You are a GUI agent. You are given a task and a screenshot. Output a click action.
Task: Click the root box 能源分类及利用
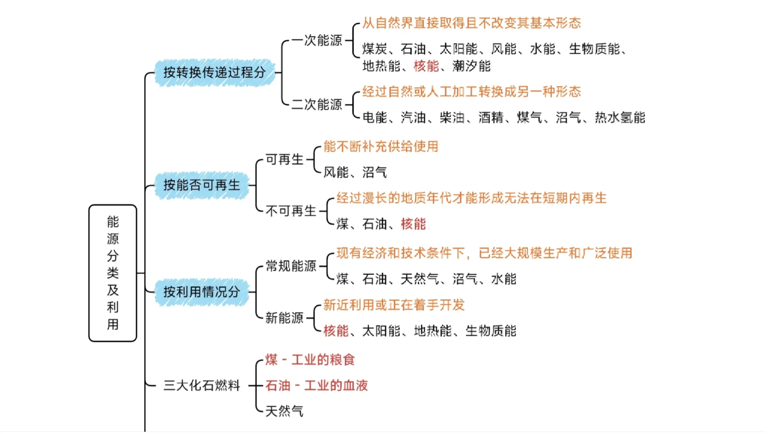(x=113, y=273)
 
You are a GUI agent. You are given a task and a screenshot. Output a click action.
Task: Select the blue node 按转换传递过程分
(x=214, y=73)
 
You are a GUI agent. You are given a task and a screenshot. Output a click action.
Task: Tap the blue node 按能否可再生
(x=201, y=185)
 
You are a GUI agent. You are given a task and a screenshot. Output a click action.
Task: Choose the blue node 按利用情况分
(x=201, y=292)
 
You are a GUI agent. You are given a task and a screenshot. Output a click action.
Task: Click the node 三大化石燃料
(x=201, y=385)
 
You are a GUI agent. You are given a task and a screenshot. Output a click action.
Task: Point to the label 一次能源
(x=317, y=40)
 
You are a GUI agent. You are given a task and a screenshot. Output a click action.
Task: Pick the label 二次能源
(x=317, y=104)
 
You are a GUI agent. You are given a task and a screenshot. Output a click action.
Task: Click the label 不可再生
(x=291, y=211)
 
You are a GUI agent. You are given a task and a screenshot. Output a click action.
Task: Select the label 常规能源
(x=291, y=266)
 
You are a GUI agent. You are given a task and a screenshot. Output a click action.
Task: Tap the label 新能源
(x=284, y=318)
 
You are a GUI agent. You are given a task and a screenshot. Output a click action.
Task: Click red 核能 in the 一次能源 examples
(x=426, y=66)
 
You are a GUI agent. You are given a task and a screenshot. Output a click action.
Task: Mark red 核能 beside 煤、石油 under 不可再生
(x=413, y=224)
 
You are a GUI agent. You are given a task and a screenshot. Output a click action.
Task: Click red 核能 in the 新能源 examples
(x=336, y=331)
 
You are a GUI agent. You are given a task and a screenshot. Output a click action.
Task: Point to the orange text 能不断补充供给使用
(x=380, y=146)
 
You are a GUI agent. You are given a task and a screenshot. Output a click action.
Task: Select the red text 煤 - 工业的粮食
(x=310, y=360)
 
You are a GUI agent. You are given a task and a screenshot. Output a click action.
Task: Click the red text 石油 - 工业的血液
(x=316, y=385)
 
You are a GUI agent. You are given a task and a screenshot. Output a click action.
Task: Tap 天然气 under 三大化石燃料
(x=284, y=411)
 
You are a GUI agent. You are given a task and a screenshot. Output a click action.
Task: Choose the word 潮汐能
(x=471, y=66)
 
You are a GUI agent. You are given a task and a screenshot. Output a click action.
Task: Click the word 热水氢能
(x=620, y=117)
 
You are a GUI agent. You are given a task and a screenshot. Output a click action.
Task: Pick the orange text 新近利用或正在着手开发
(x=394, y=305)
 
